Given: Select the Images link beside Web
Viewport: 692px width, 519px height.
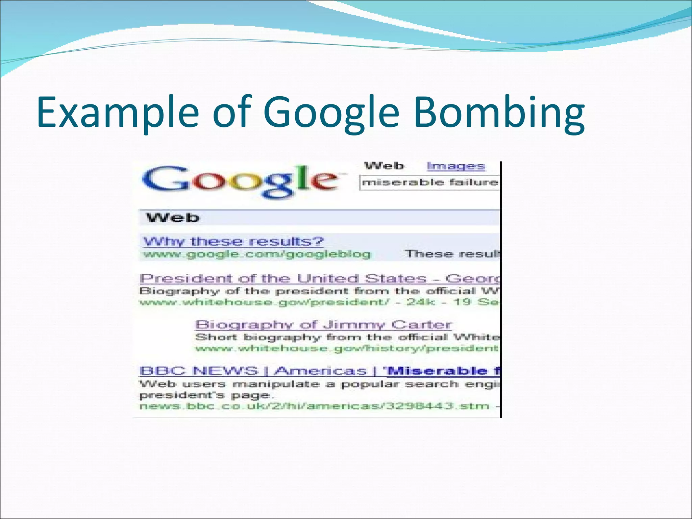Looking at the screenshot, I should pyautogui.click(x=456, y=166).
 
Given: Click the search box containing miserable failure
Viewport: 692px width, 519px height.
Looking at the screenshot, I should pyautogui.click(x=429, y=183).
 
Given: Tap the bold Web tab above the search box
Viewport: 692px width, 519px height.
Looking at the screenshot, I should pyautogui.click(x=384, y=166).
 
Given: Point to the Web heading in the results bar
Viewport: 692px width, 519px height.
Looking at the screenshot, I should pyautogui.click(x=173, y=218).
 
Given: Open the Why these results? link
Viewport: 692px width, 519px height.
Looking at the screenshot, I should pyautogui.click(x=233, y=241).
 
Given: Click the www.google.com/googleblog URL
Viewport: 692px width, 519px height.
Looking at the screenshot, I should pyautogui.click(x=257, y=254).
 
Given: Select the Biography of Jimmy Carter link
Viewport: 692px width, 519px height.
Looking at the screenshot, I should pyautogui.click(x=323, y=325).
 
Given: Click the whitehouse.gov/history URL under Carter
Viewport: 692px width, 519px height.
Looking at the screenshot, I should pyautogui.click(x=346, y=348).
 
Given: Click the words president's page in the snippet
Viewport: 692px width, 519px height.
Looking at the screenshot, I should pyautogui.click(x=204, y=395).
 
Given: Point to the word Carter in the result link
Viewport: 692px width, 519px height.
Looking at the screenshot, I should pyautogui.click(x=421, y=325).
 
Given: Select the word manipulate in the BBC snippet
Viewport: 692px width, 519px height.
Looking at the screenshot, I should pyautogui.click(x=276, y=384).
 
